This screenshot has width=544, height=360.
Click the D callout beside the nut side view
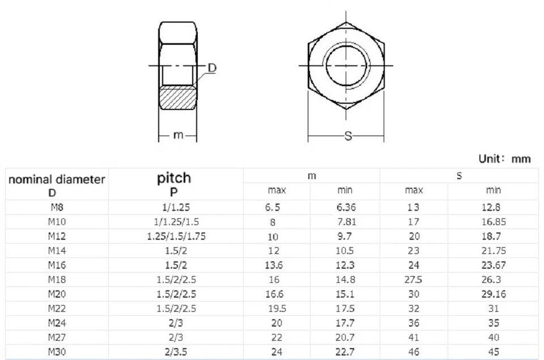[x=212, y=68]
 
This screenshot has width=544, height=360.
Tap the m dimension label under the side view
[x=178, y=135]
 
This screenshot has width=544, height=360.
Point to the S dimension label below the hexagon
[x=348, y=136]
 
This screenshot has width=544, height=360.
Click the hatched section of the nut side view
[x=177, y=98]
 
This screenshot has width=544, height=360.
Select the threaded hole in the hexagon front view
[x=346, y=45]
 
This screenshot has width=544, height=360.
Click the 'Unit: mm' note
[x=504, y=159]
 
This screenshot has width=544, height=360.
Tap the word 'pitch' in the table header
[x=174, y=179]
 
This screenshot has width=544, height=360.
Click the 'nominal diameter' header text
[x=57, y=180]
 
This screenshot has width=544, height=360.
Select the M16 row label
[x=57, y=265]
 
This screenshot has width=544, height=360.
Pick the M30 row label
[x=57, y=352]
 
